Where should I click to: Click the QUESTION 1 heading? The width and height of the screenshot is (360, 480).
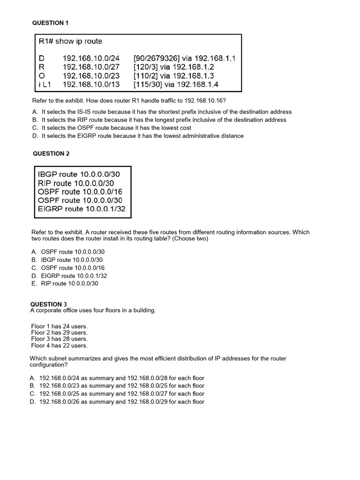[50, 22]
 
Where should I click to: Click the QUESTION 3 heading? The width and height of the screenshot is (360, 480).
[49, 304]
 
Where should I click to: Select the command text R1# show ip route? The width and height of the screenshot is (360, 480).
[70, 41]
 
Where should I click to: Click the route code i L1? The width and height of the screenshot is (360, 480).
[44, 84]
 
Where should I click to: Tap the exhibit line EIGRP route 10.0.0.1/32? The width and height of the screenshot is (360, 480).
[82, 209]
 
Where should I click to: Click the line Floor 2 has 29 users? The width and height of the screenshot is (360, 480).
[60, 332]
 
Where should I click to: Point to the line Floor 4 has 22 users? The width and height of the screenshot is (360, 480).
[60, 345]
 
